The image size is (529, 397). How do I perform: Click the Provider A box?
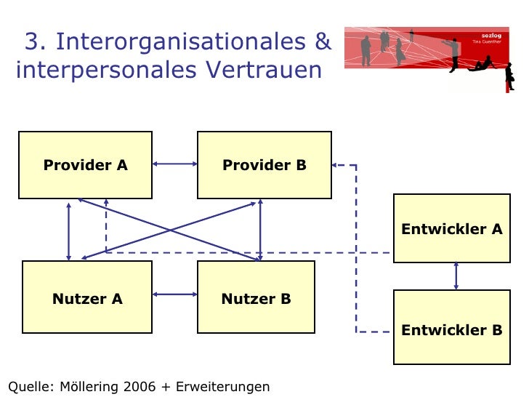pyautogui.click(x=85, y=165)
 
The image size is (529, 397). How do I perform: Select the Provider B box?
pyautogui.click(x=264, y=165)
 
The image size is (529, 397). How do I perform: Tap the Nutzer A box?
pyautogui.click(x=87, y=299)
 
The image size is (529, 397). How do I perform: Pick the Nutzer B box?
pyautogui.click(x=256, y=299)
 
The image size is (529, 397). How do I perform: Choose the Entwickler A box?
pyautogui.click(x=451, y=229)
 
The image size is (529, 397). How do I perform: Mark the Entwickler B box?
pyautogui.click(x=451, y=330)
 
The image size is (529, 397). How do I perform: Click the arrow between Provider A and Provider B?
pyautogui.click(x=174, y=164)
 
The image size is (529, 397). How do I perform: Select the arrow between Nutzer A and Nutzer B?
pyautogui.click(x=174, y=294)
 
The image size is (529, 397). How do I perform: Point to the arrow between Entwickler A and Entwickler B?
pyautogui.click(x=456, y=276)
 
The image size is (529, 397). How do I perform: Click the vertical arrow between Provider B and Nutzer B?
pyautogui.click(x=259, y=229)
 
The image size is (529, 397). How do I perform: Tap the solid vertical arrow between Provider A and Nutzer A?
pyautogui.click(x=68, y=231)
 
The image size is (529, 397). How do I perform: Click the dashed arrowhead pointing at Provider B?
pyautogui.click(x=336, y=165)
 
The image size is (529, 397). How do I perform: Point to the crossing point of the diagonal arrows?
pyautogui.click(x=170, y=230)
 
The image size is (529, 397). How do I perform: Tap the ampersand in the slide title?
pyautogui.click(x=323, y=42)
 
